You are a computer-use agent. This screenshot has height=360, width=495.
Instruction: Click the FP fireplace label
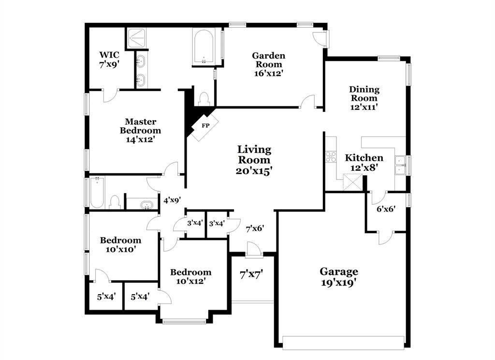click(x=205, y=126)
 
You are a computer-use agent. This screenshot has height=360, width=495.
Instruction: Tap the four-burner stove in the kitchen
click(x=331, y=156)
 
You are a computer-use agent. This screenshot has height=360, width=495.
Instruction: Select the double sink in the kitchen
click(x=400, y=165)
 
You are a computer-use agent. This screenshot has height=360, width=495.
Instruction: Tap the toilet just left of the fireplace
click(x=204, y=98)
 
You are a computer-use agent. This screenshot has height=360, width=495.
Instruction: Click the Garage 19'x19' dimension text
click(x=339, y=283)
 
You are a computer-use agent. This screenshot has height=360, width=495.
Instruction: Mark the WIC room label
click(x=109, y=55)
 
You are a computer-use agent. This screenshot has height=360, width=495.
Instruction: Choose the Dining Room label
click(x=364, y=94)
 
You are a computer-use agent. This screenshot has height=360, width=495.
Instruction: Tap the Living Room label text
click(x=254, y=155)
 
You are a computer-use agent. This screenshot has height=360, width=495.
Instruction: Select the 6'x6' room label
click(x=386, y=210)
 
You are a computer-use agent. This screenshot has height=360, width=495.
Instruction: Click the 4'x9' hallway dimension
click(x=172, y=200)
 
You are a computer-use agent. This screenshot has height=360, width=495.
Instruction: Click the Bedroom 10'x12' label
click(x=190, y=276)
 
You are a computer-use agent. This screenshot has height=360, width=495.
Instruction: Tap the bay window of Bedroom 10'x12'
click(x=184, y=321)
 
